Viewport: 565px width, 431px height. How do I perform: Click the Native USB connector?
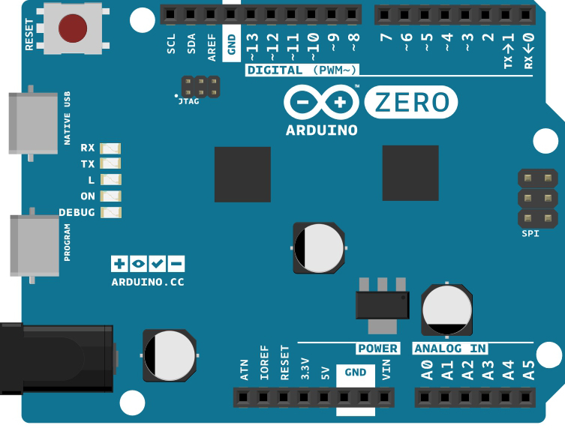coord(33,123)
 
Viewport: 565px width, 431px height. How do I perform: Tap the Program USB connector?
coord(35,246)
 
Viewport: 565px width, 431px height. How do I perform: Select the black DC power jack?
coord(58,358)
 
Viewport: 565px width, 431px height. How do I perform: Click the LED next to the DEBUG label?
coord(110,212)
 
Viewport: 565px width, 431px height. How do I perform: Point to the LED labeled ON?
coord(110,196)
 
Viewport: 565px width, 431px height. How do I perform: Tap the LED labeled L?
coord(110,180)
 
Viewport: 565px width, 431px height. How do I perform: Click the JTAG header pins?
coord(200,87)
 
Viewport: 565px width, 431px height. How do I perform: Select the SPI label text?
coord(530,234)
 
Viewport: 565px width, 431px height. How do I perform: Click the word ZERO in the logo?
coord(412,102)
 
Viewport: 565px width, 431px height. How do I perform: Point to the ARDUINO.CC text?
coord(148,282)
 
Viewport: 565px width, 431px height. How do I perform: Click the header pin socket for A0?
coord(425,398)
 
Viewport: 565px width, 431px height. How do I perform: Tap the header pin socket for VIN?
coord(384,398)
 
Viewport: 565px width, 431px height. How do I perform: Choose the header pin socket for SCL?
coord(170,15)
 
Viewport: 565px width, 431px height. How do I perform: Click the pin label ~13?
coord(252,46)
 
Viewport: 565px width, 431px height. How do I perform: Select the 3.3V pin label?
coord(305,369)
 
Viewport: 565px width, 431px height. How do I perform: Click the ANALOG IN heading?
coord(450,349)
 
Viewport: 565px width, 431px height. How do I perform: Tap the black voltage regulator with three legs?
coord(383,305)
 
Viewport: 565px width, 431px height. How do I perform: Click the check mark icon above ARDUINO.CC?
coord(157,264)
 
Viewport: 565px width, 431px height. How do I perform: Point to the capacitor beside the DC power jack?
coord(170,355)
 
